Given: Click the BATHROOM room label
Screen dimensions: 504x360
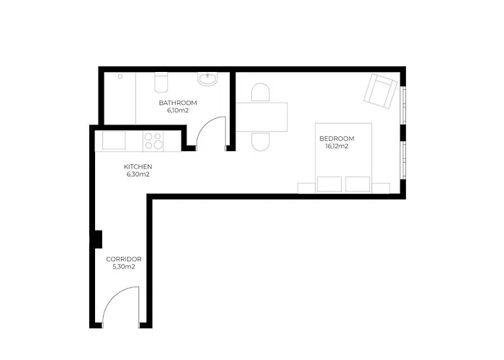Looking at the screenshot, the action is point(178,103).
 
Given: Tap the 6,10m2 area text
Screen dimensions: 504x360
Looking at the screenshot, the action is point(177,111).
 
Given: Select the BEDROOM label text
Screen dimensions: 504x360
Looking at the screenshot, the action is point(337,138).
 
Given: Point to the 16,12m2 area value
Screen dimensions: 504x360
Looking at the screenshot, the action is point(337,146).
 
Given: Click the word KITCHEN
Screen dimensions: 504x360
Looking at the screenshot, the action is point(138,167).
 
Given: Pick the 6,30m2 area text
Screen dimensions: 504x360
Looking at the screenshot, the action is point(138,174).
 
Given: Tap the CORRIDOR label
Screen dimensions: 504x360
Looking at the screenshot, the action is point(124,259).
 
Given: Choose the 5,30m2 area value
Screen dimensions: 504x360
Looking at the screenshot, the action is point(124,267).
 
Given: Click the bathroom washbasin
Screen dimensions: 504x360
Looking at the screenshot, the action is point(207,79).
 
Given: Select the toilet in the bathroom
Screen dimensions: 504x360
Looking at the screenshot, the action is point(161,82).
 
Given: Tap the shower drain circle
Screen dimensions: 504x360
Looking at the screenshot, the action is point(120,76).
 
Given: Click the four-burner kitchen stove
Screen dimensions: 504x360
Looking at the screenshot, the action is point(153,141).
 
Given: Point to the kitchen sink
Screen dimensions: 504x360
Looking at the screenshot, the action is point(114,140).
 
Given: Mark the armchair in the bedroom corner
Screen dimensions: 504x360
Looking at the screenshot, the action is point(380,91).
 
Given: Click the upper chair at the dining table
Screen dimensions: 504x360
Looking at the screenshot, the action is point(261,93).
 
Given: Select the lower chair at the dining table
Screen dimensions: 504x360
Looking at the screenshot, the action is point(261,141).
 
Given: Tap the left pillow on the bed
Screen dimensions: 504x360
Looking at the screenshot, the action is point(329,184).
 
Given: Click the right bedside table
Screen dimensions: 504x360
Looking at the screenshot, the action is point(381,189).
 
